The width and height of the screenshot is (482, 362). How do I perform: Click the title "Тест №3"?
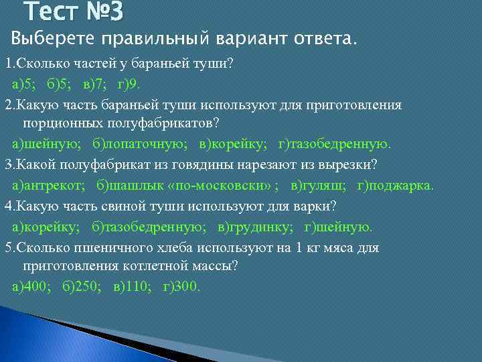coord(74,12)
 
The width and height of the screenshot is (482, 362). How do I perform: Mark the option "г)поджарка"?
coord(396,186)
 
